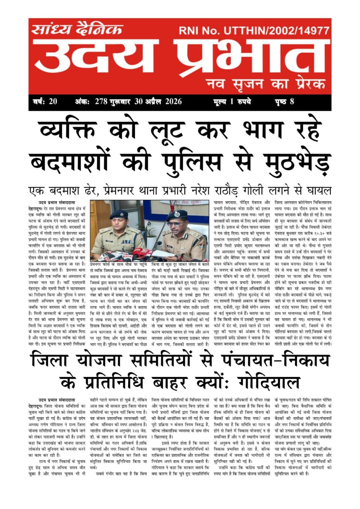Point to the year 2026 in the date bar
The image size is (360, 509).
173,102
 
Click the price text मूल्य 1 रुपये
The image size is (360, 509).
232,102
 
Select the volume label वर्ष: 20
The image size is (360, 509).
45,102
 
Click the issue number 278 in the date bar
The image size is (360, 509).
101,102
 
